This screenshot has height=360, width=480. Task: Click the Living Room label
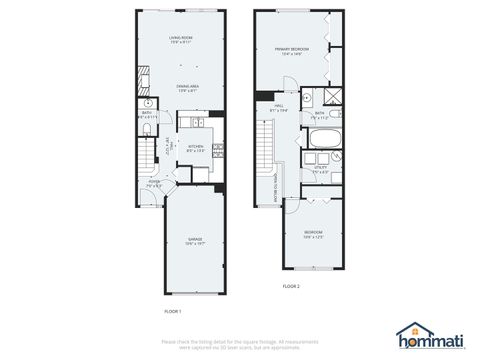181,39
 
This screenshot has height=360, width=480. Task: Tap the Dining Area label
181,88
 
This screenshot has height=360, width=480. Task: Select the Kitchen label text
194,148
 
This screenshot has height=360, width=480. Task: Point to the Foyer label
155,184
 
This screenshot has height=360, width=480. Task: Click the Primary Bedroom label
292,51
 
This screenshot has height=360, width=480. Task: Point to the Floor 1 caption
173,311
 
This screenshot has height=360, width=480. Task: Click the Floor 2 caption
291,287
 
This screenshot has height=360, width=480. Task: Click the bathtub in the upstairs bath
326,137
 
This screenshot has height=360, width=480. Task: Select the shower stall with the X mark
335,97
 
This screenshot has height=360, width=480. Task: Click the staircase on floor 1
147,155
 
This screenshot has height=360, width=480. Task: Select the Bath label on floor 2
320,115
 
